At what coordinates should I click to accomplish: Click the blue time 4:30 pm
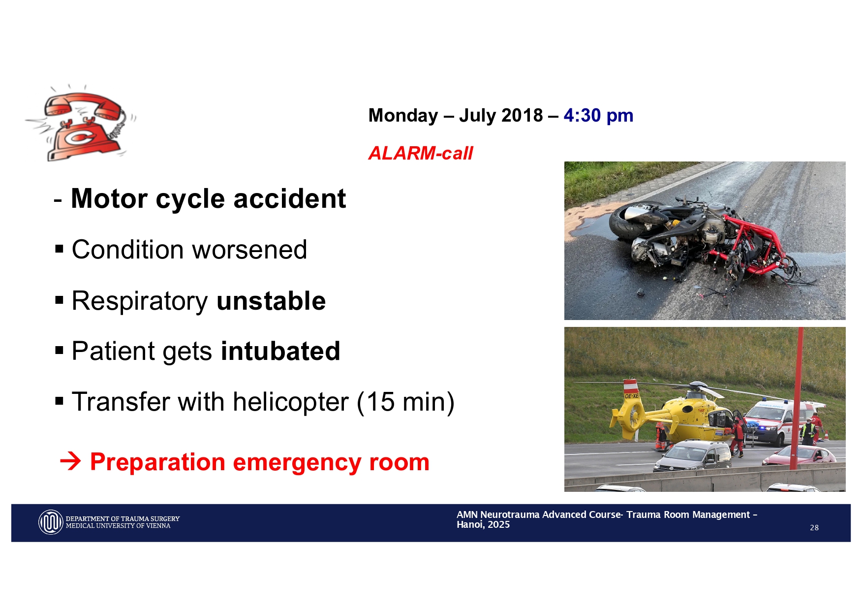click(598, 116)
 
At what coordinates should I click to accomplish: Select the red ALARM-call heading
click(421, 153)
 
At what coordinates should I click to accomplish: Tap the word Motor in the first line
click(109, 199)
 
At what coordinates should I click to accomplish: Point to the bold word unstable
click(271, 301)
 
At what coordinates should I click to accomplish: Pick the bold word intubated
click(280, 351)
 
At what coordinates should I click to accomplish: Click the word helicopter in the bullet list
click(291, 402)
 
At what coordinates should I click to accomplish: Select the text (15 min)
click(405, 402)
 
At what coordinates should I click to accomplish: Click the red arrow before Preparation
click(70, 462)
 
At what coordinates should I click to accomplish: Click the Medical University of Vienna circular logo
click(51, 522)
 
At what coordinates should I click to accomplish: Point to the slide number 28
click(814, 528)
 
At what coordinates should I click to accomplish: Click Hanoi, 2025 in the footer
click(483, 525)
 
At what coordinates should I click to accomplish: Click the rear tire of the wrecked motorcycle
click(632, 221)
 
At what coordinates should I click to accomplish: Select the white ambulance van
click(780, 421)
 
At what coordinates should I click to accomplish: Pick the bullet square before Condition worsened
click(60, 249)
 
